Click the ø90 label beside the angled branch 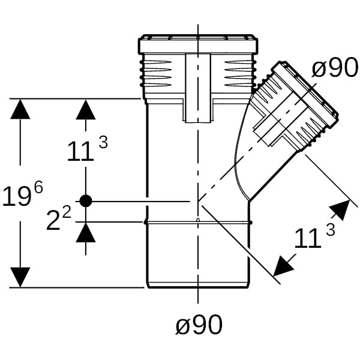(335, 69)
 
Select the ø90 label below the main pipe (199, 325)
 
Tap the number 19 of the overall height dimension (17, 197)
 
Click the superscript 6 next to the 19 (38, 187)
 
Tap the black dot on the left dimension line (86, 201)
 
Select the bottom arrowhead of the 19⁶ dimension (20, 277)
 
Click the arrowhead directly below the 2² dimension (86, 232)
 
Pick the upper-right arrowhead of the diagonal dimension (340, 211)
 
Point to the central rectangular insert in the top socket (198, 87)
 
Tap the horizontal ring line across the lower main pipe (198, 222)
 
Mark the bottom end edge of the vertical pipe (198, 287)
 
